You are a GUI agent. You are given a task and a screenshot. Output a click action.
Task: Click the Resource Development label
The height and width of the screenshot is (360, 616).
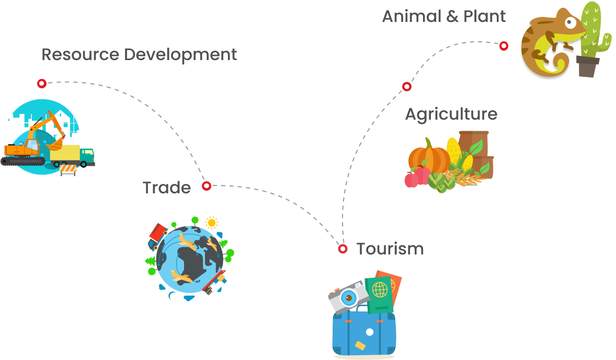[139, 54]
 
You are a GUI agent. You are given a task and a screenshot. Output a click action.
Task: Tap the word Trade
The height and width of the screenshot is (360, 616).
[167, 188]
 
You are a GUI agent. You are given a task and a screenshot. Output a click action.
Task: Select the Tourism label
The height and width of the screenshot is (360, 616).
[390, 249]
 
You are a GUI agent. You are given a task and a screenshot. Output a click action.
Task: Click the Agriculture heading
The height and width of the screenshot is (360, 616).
[451, 114]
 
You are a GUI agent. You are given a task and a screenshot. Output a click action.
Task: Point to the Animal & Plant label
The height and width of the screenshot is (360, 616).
[444, 17]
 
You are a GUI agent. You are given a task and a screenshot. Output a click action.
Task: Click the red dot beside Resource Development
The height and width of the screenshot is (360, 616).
[42, 83]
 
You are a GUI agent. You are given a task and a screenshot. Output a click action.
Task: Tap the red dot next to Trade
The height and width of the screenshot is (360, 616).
[207, 185]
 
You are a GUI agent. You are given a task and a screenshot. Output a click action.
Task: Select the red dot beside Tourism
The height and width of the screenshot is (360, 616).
[343, 249]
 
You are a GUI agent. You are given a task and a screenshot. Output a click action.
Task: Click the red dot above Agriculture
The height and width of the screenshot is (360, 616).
[407, 86]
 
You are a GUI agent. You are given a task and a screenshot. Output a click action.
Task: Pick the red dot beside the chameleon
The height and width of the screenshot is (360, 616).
[504, 46]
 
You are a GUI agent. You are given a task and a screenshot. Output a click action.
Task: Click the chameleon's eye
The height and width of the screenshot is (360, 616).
[571, 22]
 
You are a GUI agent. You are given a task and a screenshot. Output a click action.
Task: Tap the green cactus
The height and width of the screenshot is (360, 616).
[594, 31]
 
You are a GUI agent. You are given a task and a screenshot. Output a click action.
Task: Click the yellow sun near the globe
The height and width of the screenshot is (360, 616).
[211, 223]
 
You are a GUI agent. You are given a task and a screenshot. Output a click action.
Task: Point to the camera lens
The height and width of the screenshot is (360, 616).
[348, 298]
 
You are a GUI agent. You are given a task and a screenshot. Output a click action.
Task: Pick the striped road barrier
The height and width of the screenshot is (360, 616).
[68, 169]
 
